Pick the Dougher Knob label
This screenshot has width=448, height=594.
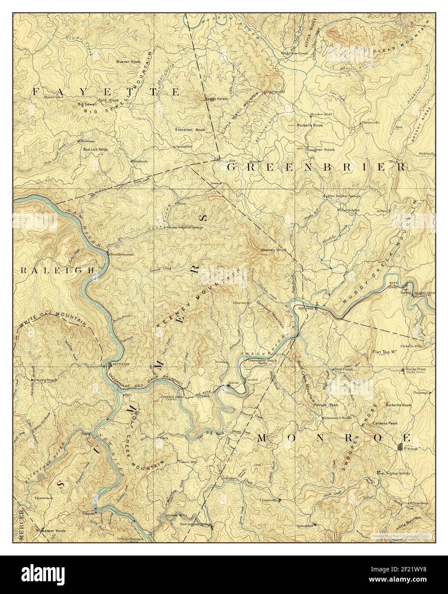pos(320,150)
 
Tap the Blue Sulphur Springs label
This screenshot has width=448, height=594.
pos(344,196)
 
